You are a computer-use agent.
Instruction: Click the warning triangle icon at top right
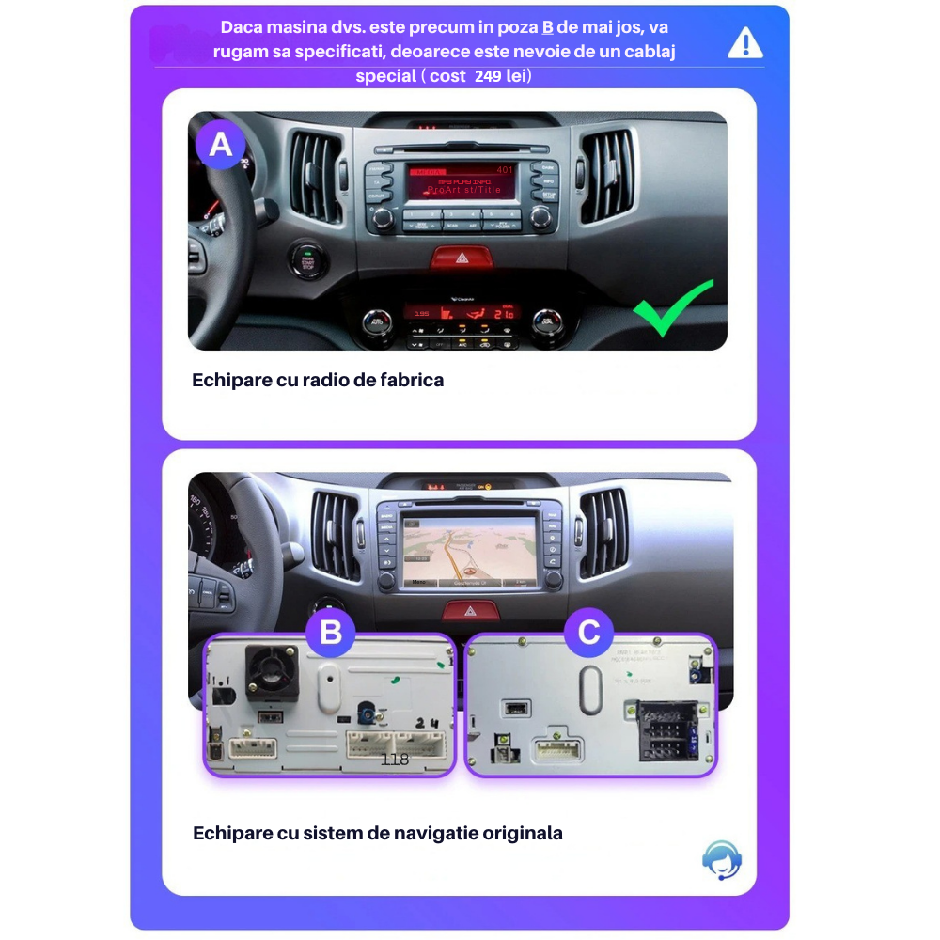745,43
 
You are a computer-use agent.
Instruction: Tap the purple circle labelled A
220,145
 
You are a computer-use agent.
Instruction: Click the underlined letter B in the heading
548,27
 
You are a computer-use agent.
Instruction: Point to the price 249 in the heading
488,76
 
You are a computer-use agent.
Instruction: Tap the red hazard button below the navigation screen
471,612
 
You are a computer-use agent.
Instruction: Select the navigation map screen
469,550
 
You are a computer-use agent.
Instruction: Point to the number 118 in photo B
395,759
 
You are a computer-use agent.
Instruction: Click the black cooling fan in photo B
272,674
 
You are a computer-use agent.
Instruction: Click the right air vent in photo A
608,176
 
